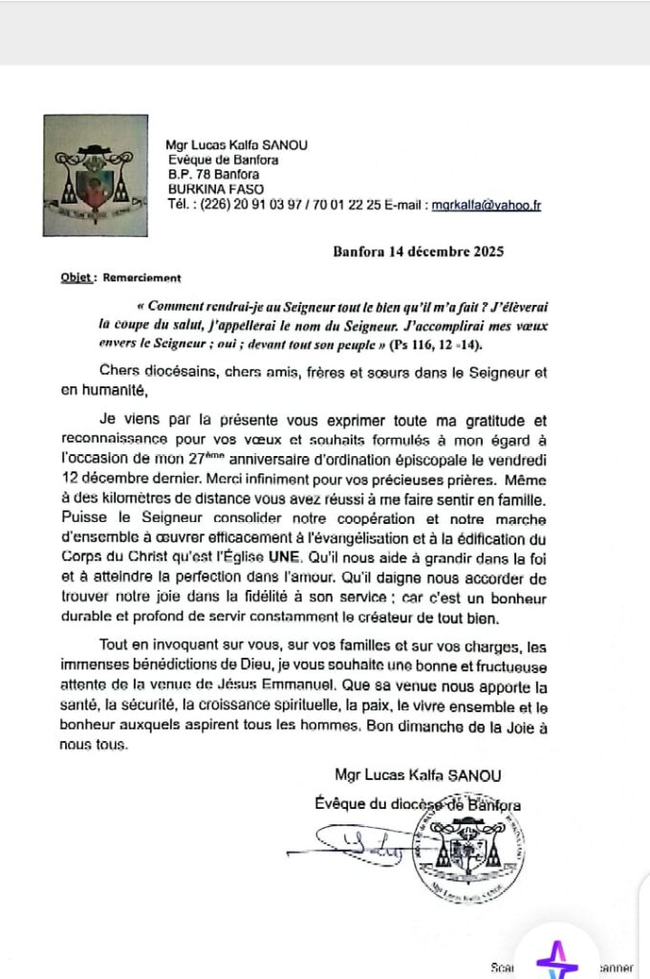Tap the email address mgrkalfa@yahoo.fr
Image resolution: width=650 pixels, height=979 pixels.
pyautogui.click(x=487, y=205)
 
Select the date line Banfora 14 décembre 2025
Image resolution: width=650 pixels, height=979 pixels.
pyautogui.click(x=418, y=252)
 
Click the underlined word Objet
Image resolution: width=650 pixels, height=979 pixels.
pyautogui.click(x=76, y=278)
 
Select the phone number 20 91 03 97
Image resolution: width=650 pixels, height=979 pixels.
pyautogui.click(x=261, y=205)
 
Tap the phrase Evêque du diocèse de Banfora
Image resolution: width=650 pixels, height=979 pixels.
pyautogui.click(x=418, y=804)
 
